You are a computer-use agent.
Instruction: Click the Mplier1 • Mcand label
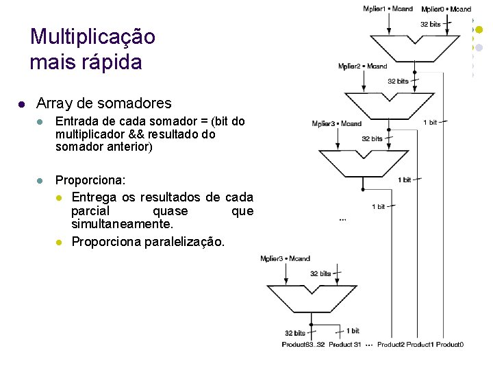(388, 9)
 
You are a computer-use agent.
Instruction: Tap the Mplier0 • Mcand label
(446, 9)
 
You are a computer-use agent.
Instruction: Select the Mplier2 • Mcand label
(362, 66)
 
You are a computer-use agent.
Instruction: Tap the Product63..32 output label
(303, 344)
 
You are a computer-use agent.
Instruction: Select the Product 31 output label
(344, 344)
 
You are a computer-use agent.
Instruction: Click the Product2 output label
(391, 344)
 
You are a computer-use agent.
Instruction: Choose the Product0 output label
(450, 344)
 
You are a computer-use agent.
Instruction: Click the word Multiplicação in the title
(93, 36)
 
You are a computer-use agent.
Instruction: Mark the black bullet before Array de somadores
(21, 105)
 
